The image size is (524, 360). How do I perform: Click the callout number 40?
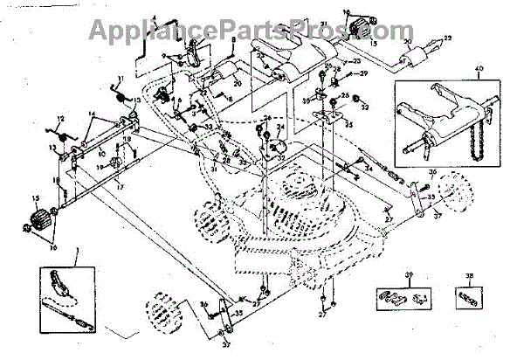[479, 70]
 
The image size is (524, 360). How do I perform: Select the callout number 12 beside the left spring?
[60, 118]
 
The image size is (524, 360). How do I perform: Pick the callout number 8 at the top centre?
[233, 40]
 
